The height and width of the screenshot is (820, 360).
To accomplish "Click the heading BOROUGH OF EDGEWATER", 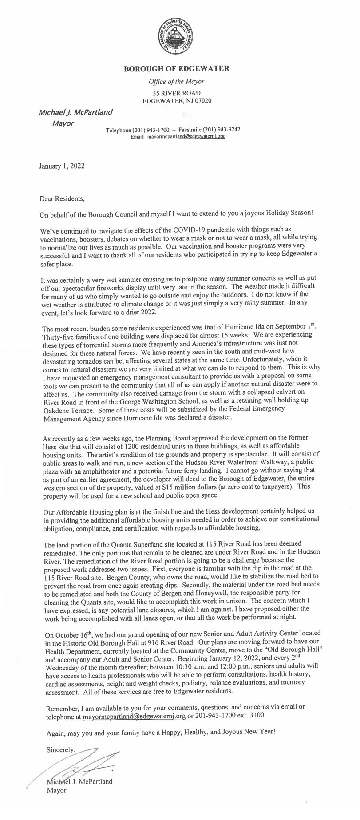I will pos(176,68).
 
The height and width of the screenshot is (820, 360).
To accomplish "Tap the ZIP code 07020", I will pos(203,100).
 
